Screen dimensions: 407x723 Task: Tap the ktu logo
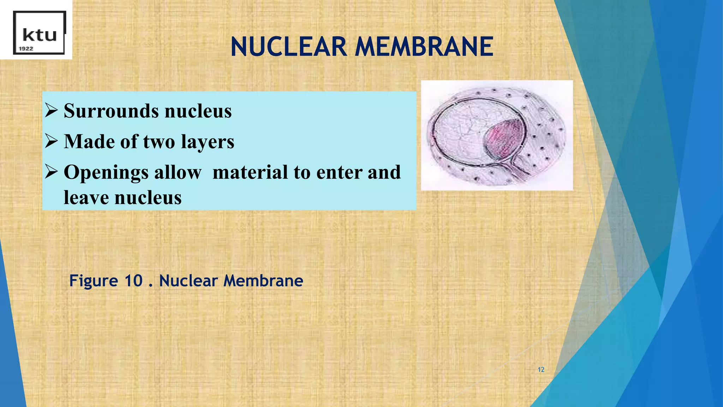[39, 33]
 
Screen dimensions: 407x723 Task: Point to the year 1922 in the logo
[26, 49]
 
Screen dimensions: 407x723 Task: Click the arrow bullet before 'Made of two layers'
[52, 141]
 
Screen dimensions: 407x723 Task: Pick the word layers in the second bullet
[208, 142]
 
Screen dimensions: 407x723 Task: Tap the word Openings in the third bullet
[104, 173]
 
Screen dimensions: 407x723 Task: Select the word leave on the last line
[86, 197]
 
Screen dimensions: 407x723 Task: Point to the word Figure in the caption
[94, 281]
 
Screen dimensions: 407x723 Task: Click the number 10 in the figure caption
[133, 281]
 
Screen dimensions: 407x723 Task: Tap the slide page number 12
[541, 370]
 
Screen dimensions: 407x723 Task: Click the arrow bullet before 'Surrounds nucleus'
[52, 111]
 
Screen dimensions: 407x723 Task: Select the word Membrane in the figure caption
[263, 281]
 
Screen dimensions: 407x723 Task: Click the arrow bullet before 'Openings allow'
[52, 172]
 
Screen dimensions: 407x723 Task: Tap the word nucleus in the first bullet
[198, 111]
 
